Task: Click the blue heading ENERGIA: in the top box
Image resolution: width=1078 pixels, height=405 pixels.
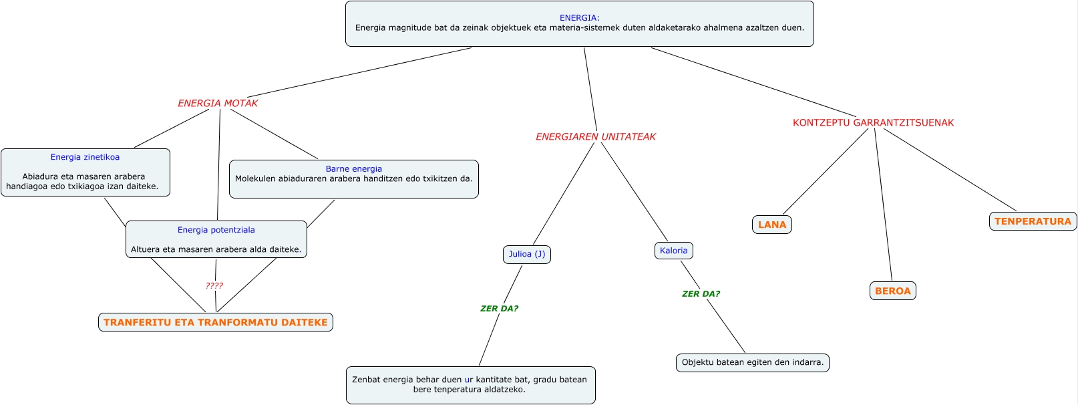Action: click(x=579, y=18)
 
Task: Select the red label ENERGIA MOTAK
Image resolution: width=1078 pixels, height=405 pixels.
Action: click(x=218, y=104)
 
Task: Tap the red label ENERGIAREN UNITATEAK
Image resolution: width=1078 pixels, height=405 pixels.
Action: click(x=596, y=137)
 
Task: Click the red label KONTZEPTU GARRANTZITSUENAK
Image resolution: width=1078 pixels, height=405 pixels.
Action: click(x=873, y=123)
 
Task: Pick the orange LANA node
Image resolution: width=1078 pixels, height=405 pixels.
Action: click(x=772, y=225)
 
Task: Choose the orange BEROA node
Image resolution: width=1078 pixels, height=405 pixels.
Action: click(x=892, y=291)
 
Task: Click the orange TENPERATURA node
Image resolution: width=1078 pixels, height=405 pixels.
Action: click(x=1033, y=222)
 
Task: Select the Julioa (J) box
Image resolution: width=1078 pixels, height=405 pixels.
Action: click(x=527, y=255)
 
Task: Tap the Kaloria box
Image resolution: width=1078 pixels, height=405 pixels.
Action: click(x=673, y=251)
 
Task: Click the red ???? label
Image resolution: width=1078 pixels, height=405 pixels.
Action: click(x=214, y=286)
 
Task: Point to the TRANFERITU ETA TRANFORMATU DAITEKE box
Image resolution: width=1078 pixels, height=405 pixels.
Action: click(x=216, y=323)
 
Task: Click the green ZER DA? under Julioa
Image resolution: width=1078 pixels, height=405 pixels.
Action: click(x=499, y=309)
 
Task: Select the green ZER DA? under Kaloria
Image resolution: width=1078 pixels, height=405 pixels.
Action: click(x=701, y=294)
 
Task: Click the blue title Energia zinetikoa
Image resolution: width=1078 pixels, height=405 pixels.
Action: click(x=85, y=158)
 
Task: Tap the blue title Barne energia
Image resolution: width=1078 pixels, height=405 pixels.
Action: click(x=354, y=169)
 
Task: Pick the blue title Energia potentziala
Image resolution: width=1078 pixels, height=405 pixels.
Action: click(x=216, y=231)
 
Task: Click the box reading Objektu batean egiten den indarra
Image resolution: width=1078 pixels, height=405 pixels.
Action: click(x=753, y=363)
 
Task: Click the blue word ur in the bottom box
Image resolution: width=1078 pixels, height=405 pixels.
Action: click(x=469, y=380)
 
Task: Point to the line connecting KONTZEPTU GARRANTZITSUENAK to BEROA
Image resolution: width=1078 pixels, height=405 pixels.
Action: click(x=884, y=204)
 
